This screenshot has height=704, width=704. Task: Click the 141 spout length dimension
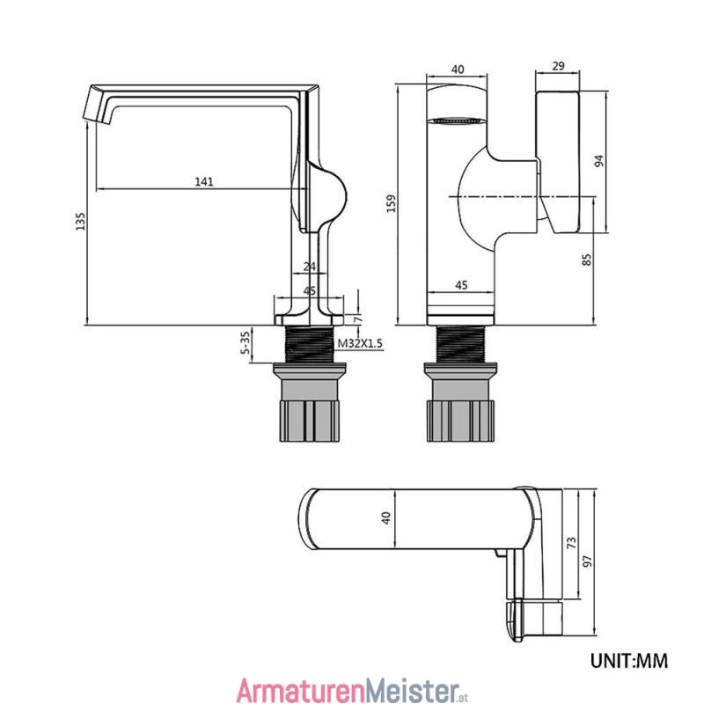coord(204,182)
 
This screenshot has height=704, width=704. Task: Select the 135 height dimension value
coord(80,222)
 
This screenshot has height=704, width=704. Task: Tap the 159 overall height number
coord(392,203)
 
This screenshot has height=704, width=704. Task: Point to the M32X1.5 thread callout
coord(360,343)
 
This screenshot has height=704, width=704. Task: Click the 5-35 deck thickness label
coord(246,342)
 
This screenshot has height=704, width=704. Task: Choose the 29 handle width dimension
coord(558,66)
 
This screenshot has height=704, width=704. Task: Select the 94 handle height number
coord(599,161)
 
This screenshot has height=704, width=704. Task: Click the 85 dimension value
coord(587,260)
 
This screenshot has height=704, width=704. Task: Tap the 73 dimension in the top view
coord(571,542)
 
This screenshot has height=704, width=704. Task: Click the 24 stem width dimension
coord(310,267)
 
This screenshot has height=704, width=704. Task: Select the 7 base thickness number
coord(358,319)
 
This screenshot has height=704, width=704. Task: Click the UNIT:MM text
coord(629,661)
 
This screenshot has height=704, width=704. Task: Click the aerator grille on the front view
coord(457,121)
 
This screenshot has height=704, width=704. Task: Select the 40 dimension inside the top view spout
coord(386,518)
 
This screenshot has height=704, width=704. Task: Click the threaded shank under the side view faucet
coord(311,344)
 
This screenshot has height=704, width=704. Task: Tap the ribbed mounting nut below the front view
coord(460,421)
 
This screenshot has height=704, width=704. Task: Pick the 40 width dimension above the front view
coord(458,70)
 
